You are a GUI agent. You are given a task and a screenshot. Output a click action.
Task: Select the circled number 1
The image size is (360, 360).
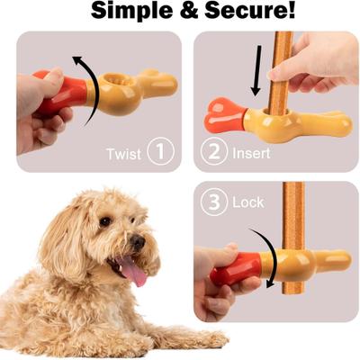point(160,152)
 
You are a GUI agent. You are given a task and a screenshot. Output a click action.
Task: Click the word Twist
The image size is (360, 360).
point(123,153)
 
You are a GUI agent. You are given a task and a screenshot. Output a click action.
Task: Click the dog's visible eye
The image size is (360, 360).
point(105,221)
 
